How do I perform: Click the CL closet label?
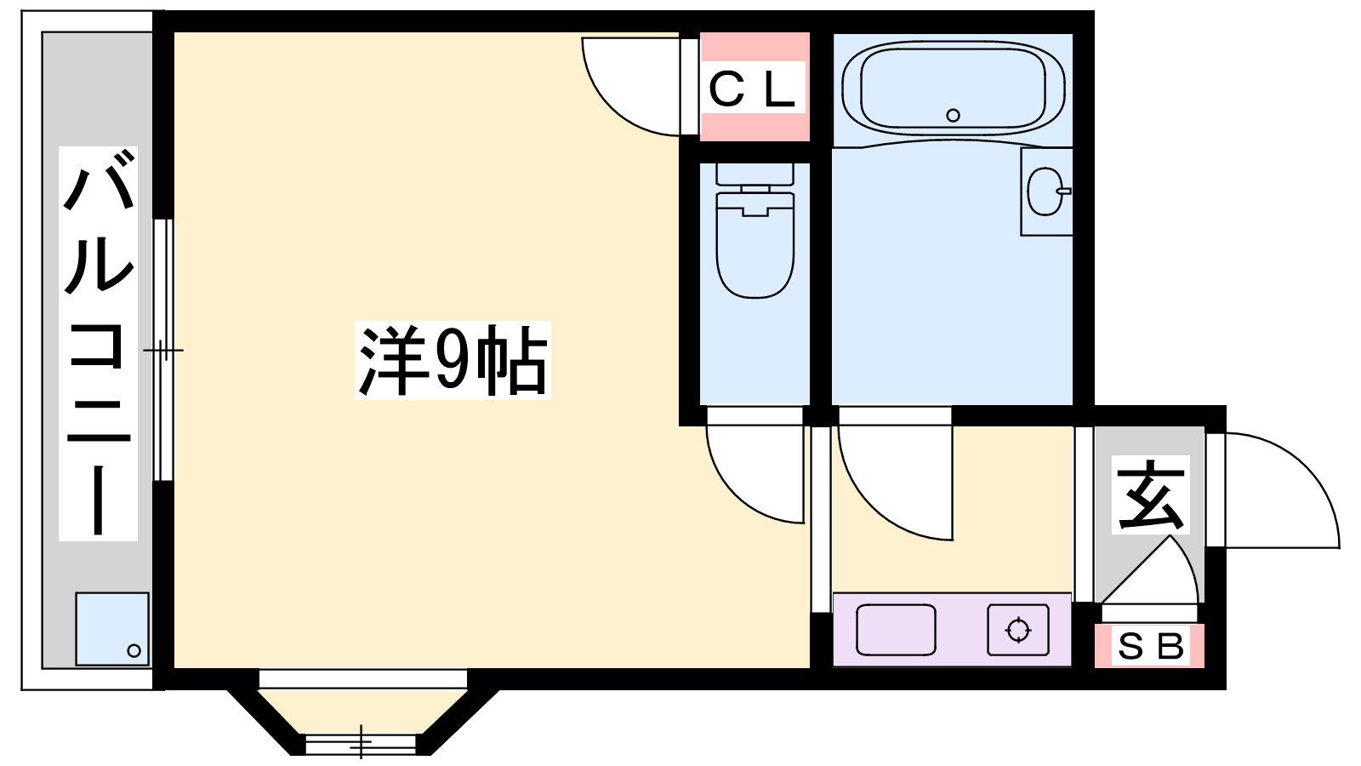tap(752, 89)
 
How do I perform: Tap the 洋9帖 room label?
tap(453, 360)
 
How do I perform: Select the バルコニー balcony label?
tap(99, 344)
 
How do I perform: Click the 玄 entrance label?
tap(1151, 494)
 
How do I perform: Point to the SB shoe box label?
tap(1151, 646)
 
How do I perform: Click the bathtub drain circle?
tap(954, 115)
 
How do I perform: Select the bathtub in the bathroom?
tap(954, 88)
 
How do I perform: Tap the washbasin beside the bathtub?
tap(1046, 191)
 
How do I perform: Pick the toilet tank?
tap(755, 174)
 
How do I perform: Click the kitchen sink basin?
tap(896, 630)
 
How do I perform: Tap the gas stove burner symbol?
tap(1018, 630)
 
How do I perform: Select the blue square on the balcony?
tap(112, 629)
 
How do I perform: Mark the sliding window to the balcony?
tap(162, 350)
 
